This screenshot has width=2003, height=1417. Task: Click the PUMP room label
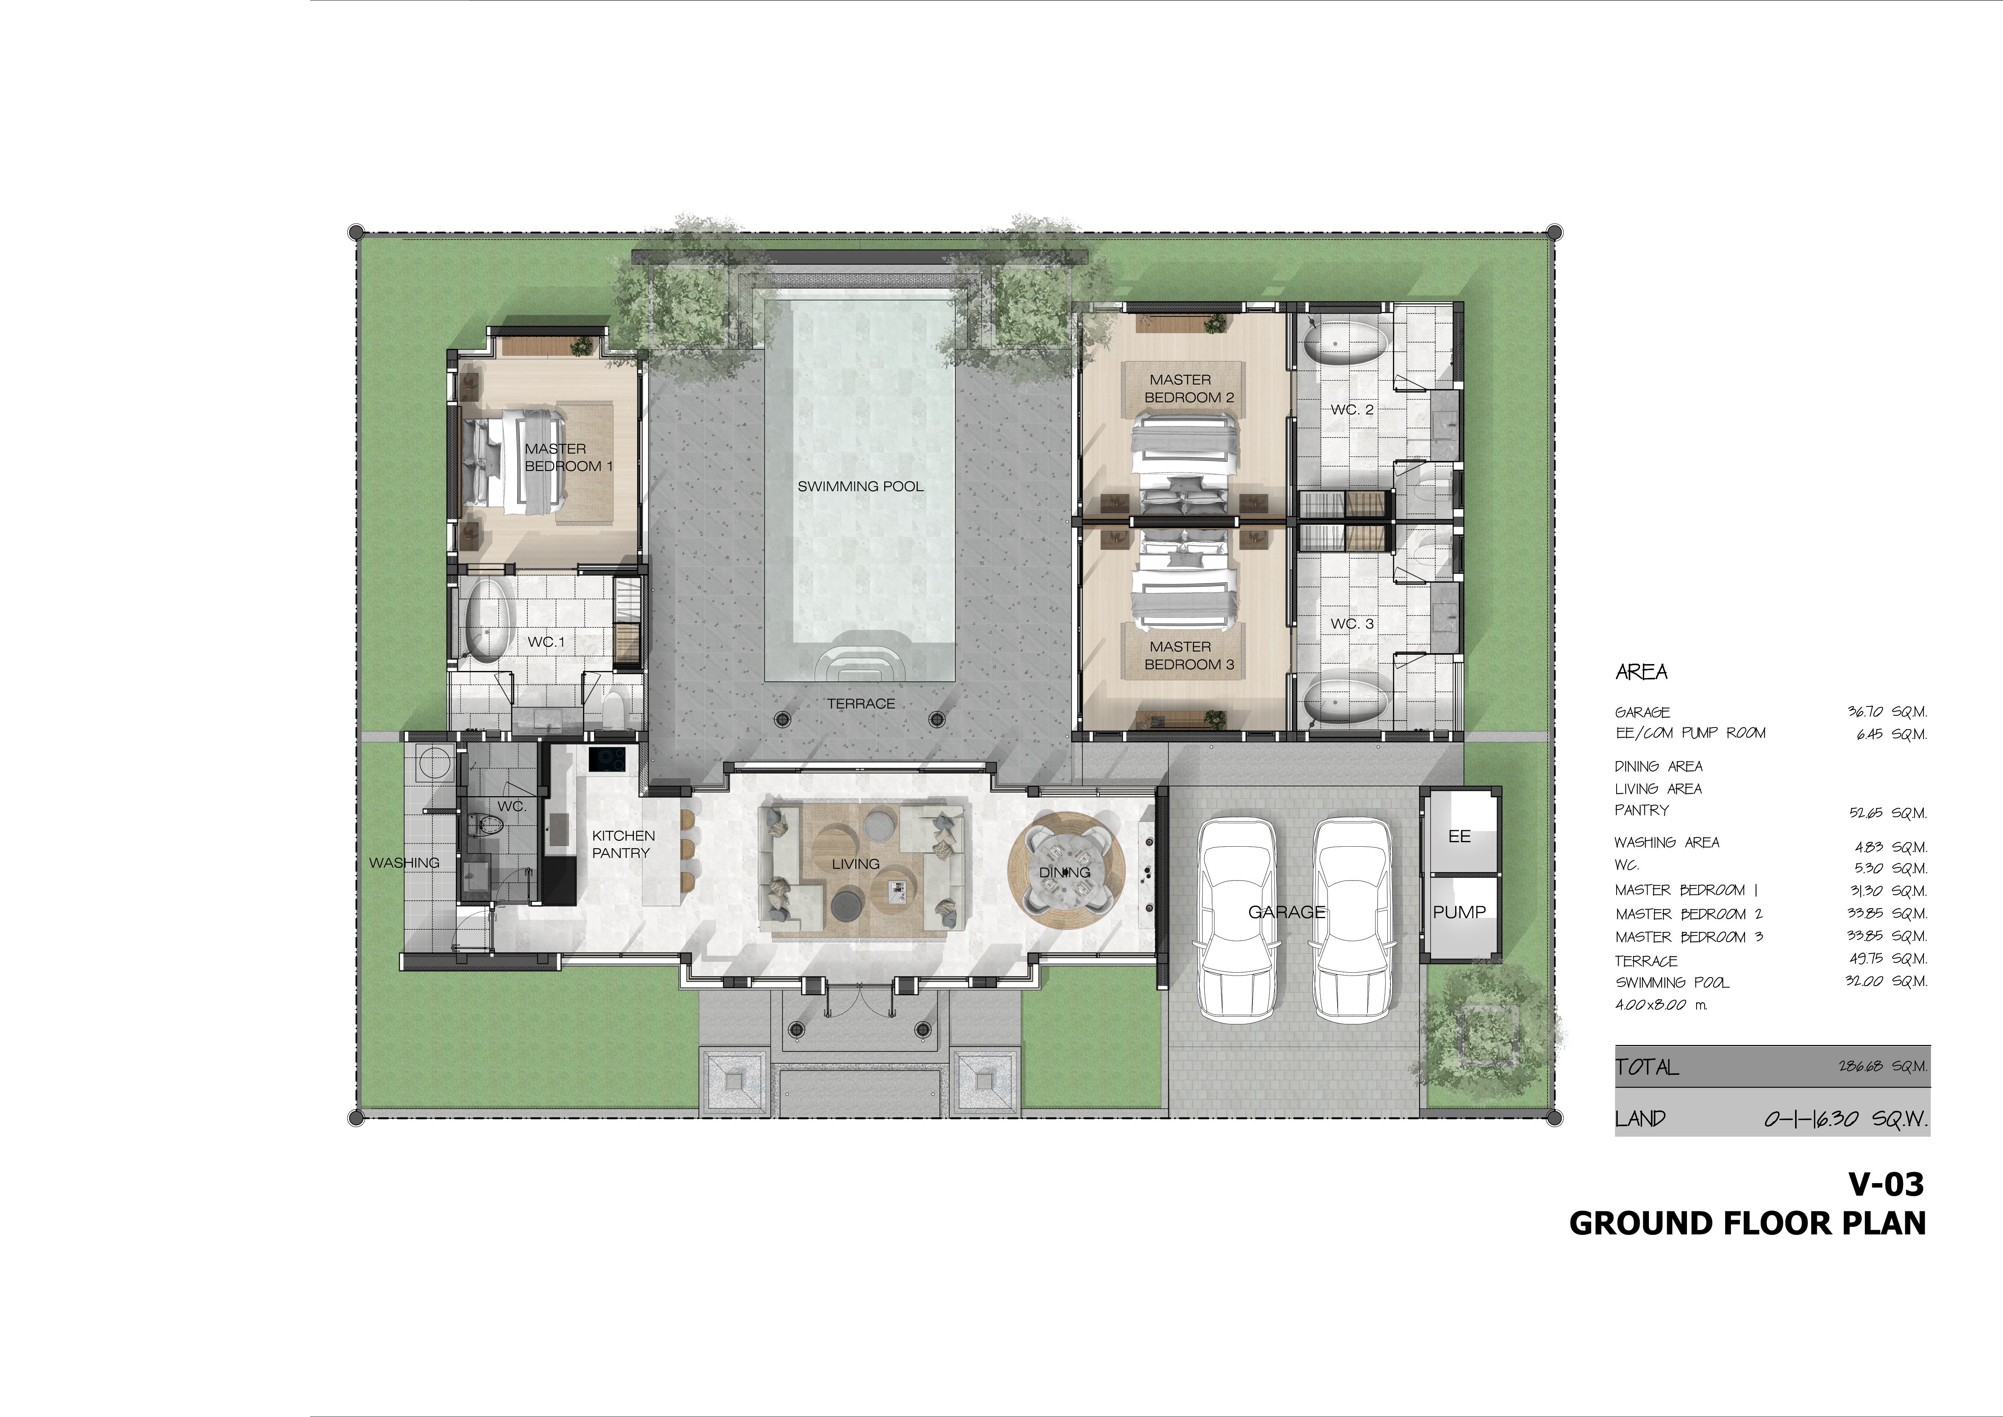(x=1460, y=912)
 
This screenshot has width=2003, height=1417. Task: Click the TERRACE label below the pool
(x=861, y=703)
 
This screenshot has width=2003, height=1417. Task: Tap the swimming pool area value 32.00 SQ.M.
(x=1886, y=982)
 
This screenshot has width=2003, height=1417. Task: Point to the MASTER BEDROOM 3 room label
(x=1189, y=655)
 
